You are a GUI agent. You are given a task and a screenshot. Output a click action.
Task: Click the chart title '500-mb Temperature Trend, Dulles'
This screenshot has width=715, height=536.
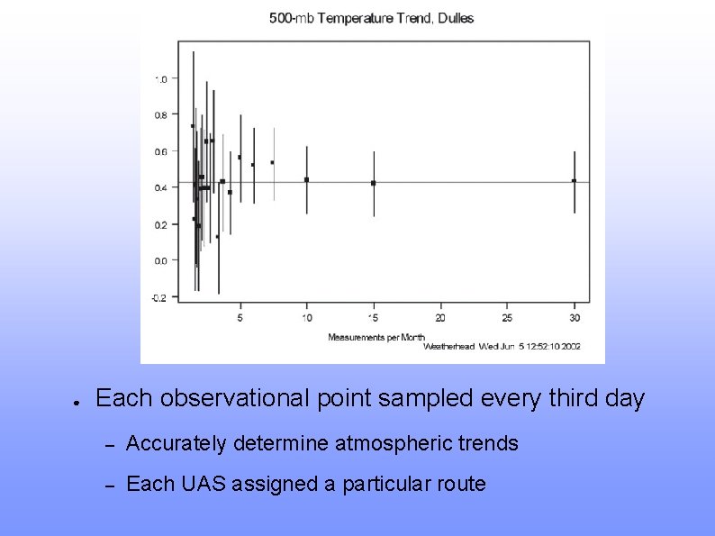coord(371,18)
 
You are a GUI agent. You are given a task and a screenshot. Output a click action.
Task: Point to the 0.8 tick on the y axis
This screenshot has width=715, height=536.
coord(160,115)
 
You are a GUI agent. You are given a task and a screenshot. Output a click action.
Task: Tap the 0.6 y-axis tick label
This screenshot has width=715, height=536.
coord(160,151)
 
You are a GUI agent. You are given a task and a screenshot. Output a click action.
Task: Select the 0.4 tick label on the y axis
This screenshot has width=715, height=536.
coord(160,188)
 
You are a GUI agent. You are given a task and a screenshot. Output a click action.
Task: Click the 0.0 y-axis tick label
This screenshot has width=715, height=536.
coord(160,261)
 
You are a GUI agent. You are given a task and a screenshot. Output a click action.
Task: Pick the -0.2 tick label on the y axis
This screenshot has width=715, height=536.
coord(158,297)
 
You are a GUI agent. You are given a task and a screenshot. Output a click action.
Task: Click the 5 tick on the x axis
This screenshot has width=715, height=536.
coord(240,318)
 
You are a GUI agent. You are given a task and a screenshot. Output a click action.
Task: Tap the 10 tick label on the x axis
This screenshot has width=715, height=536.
coord(306,318)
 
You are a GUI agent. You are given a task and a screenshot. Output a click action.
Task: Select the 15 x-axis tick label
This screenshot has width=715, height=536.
coord(374,318)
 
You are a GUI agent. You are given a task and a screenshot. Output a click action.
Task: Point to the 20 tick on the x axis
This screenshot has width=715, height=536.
coord(440,318)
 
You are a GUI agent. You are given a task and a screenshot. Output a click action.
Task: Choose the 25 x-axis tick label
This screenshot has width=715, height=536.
coord(508,318)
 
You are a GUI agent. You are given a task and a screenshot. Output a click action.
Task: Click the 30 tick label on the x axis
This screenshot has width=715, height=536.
coord(575,318)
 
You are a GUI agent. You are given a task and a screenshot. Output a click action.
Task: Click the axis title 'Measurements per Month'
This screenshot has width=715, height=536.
coord(376,337)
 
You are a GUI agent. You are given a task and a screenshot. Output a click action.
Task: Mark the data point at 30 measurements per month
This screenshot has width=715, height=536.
coord(575,181)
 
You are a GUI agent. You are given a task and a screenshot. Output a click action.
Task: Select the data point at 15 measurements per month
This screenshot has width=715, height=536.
coord(374,183)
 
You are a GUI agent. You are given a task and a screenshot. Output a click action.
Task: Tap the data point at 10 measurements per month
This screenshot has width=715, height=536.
coord(306,179)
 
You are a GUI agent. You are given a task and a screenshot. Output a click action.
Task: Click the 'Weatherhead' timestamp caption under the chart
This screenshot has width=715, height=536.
coord(502,347)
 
